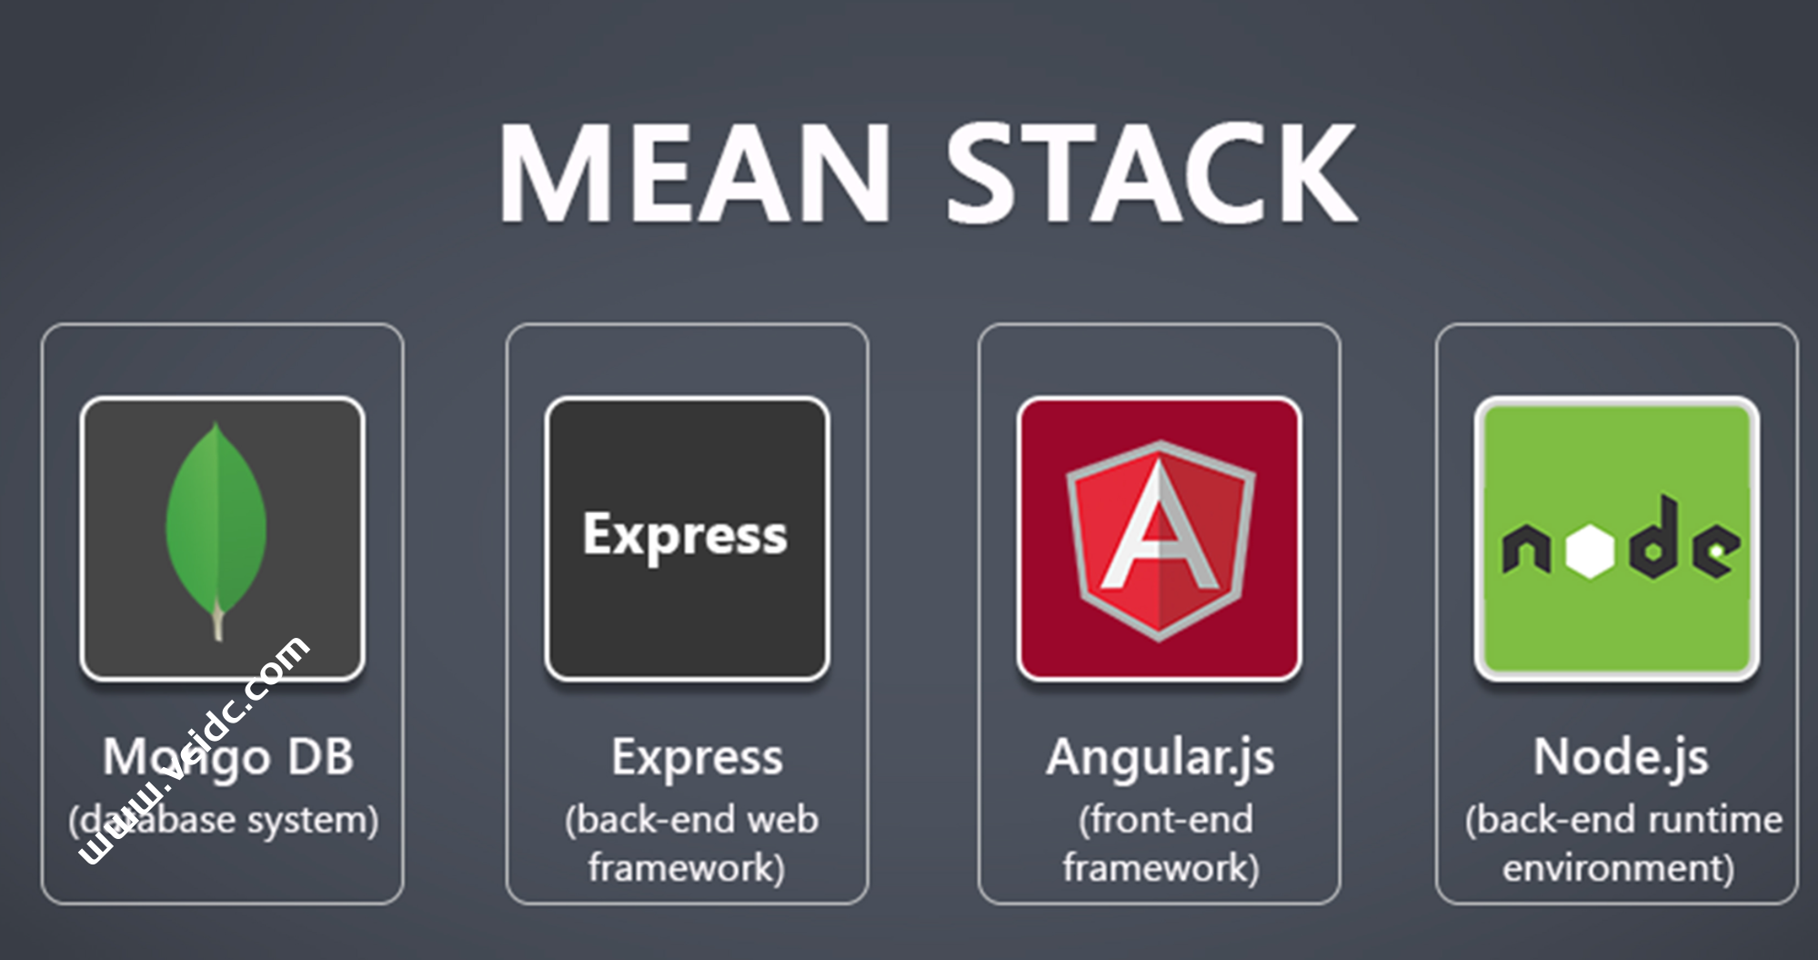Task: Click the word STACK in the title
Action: point(1151,173)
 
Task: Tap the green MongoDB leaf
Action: point(216,519)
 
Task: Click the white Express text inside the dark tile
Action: point(685,535)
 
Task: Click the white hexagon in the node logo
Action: point(1591,550)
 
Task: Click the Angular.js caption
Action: point(1160,757)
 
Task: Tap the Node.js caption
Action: point(1621,757)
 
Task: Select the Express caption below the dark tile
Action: point(697,757)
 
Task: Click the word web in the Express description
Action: point(782,820)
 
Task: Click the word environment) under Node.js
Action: point(1618,868)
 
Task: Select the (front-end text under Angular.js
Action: point(1165,820)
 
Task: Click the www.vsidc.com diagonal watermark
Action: point(196,751)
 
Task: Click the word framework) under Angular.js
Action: point(1160,868)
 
